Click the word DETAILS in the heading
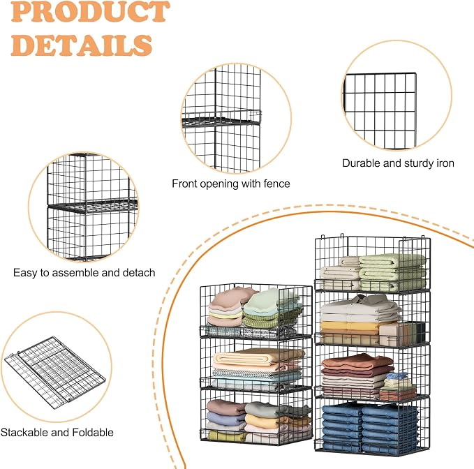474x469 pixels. [81, 45]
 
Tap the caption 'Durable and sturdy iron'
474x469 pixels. [398, 163]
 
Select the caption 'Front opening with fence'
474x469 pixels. [231, 184]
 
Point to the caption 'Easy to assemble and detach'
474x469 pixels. [84, 273]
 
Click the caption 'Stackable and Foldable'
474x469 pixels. [57, 433]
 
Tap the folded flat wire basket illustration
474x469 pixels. [55, 372]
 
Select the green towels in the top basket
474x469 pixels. [393, 271]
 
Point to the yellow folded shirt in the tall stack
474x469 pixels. [350, 327]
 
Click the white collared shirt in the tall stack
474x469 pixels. [360, 308]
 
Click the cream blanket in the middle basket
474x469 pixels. [259, 357]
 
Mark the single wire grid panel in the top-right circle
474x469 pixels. [380, 110]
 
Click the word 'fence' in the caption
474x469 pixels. [277, 184]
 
